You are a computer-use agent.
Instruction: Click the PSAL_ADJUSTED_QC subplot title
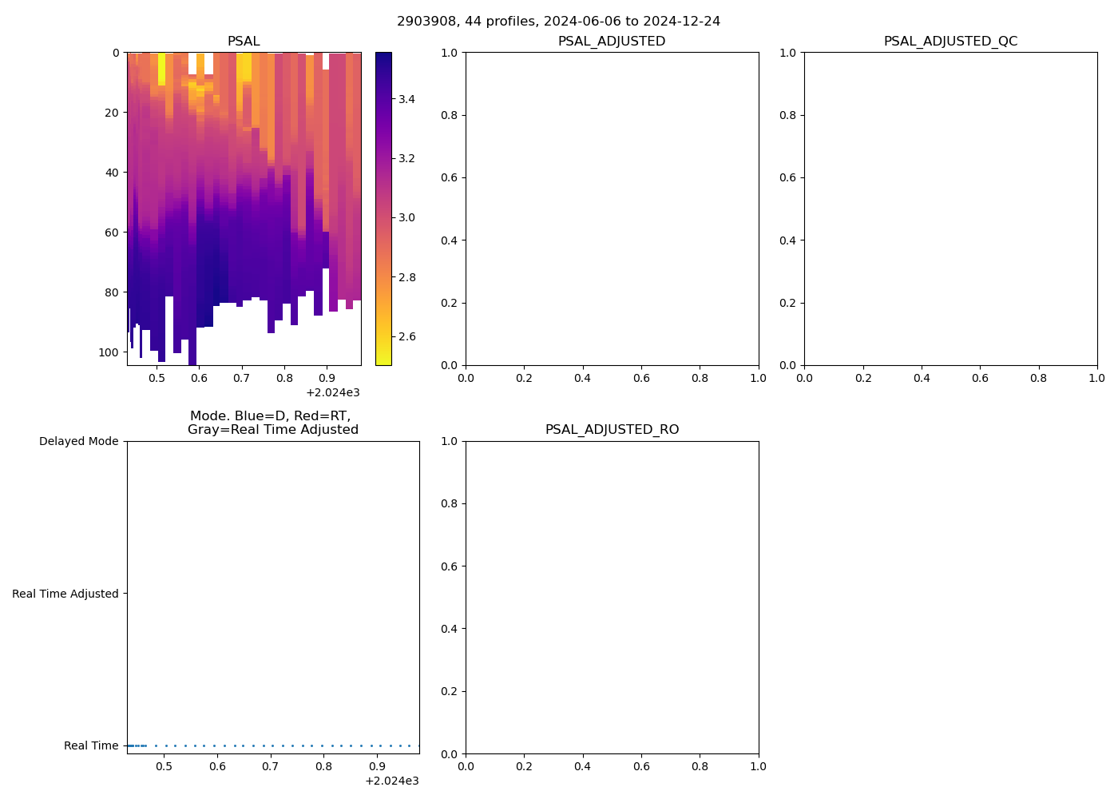(950, 42)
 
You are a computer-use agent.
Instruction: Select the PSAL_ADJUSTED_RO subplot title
(612, 430)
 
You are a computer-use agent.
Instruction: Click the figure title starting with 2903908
(558, 22)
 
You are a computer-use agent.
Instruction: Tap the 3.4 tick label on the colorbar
(406, 99)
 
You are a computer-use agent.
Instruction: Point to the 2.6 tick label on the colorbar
(406, 336)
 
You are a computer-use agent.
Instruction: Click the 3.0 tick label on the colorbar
(406, 217)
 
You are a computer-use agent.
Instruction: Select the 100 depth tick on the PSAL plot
(109, 352)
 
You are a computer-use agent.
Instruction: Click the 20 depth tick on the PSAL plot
(112, 113)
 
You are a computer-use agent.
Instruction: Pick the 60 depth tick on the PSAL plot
(112, 233)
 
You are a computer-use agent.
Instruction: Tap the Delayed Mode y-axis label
(78, 441)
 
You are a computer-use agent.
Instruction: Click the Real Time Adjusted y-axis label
(65, 594)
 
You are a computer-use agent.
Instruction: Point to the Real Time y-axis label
(91, 745)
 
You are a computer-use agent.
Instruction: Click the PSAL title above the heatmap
(244, 42)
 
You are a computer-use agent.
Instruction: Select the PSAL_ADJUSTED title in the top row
(612, 42)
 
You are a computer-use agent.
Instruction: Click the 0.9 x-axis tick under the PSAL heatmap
(326, 378)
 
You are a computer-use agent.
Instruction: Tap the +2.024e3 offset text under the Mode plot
(391, 781)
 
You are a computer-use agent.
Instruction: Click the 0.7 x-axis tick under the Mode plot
(271, 766)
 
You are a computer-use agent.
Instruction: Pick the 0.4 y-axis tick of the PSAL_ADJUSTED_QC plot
(788, 240)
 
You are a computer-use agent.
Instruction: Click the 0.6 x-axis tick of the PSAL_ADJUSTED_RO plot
(641, 766)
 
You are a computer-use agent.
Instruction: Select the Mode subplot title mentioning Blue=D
(272, 423)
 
